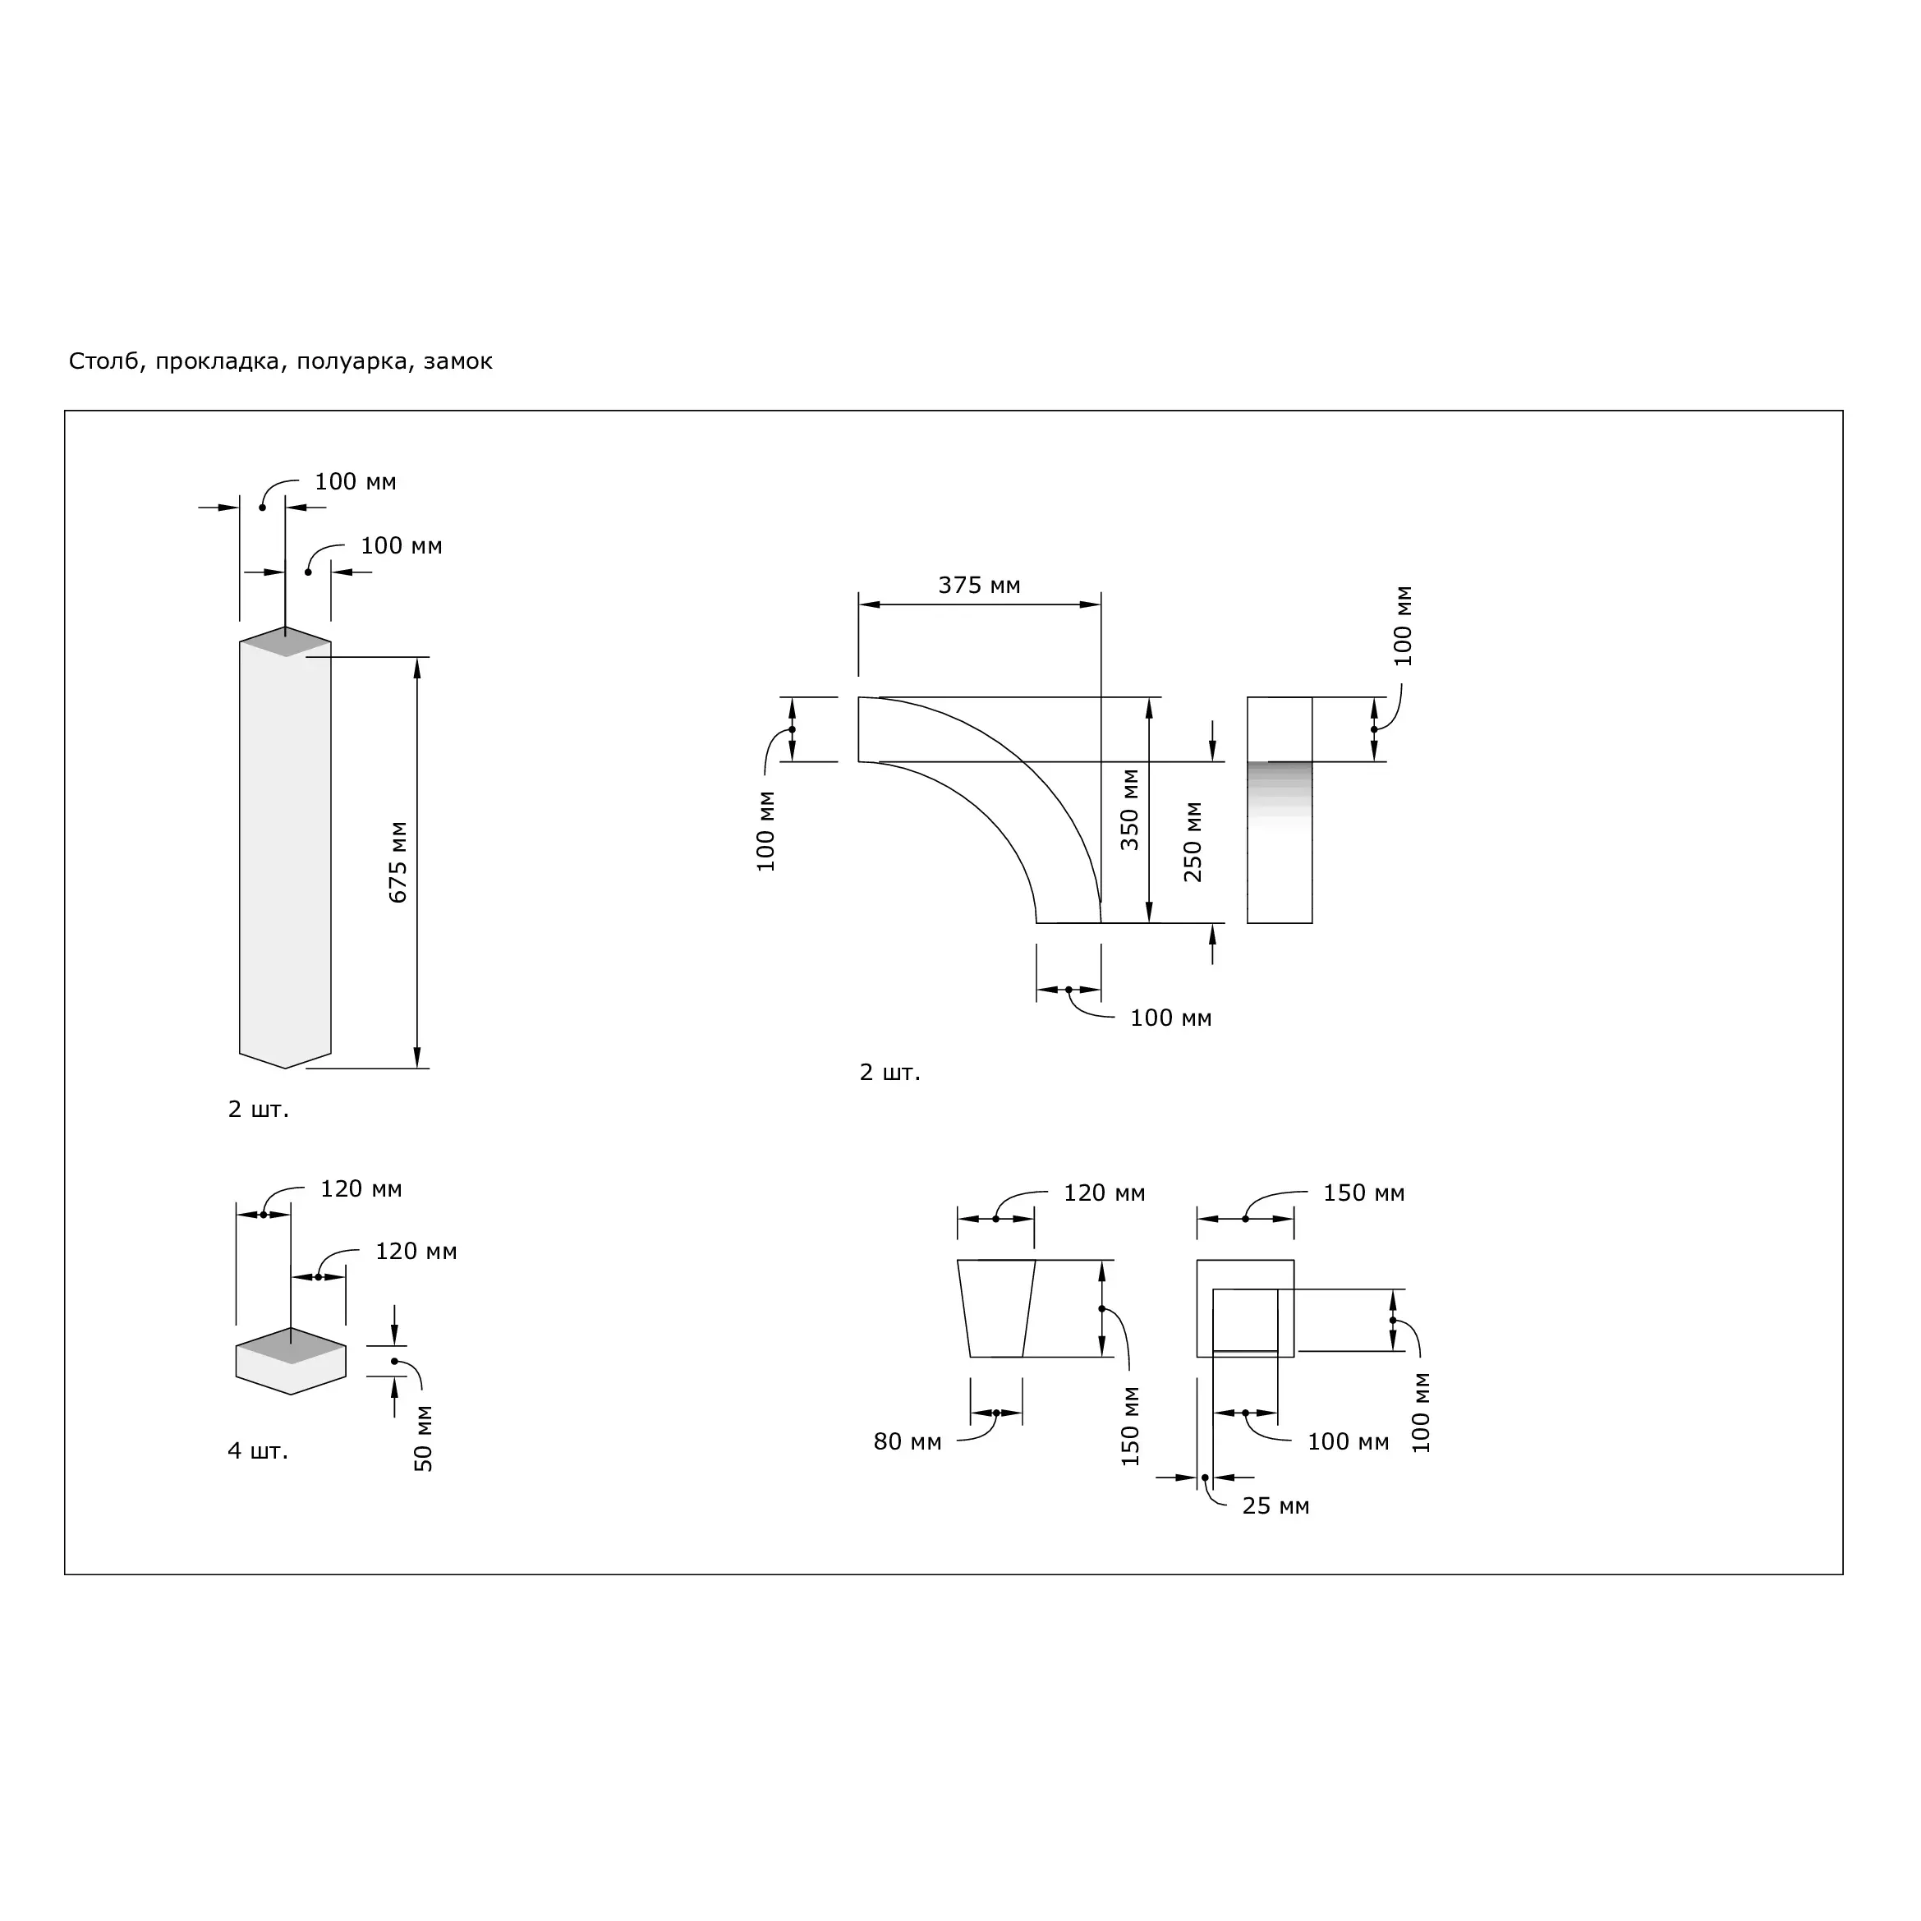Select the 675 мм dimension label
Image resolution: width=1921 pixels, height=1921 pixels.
click(x=398, y=862)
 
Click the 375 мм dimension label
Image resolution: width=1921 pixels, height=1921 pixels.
click(x=980, y=586)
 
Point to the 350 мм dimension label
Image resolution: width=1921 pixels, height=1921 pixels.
click(x=1131, y=809)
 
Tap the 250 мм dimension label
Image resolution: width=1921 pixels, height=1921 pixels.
click(x=1194, y=842)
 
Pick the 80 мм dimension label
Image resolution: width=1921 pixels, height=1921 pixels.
click(x=907, y=1441)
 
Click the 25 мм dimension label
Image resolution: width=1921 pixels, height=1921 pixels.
click(x=1275, y=1506)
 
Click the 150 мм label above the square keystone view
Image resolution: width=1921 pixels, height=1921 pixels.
click(x=1363, y=1193)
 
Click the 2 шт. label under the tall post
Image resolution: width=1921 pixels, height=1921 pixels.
click(x=259, y=1110)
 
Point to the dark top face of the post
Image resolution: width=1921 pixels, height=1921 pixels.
click(x=285, y=642)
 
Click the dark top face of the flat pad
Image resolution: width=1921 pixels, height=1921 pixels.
click(x=291, y=1346)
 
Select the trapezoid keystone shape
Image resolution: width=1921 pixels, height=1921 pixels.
click(x=996, y=1308)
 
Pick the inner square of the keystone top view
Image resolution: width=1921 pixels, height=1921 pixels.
click(x=1245, y=1321)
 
